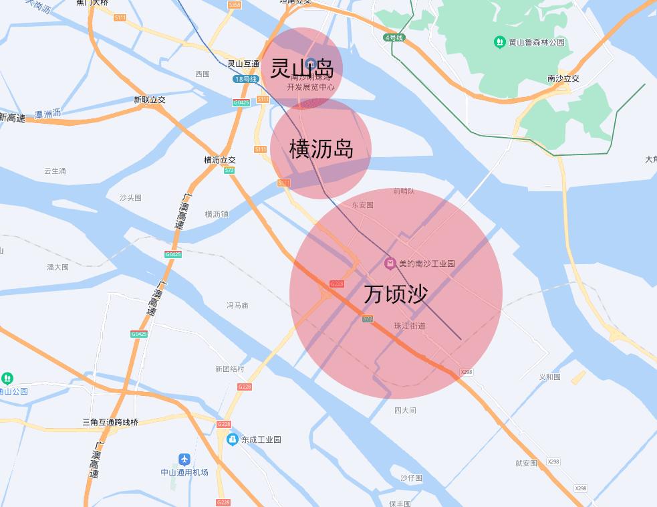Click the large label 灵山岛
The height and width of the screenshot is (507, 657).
[x=302, y=68]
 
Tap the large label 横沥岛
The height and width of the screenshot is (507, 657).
[x=321, y=148]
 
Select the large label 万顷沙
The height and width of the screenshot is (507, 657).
[x=396, y=294]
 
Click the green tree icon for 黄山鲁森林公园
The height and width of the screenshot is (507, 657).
[x=499, y=42]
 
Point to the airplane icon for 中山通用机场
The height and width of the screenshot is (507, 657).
[x=184, y=460]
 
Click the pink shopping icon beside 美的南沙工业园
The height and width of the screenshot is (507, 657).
[x=390, y=264]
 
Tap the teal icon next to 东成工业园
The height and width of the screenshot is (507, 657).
[x=233, y=439]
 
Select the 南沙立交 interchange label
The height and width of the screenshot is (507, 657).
[x=563, y=78]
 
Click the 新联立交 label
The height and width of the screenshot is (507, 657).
[x=149, y=100]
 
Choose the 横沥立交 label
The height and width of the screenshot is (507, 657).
[x=220, y=161]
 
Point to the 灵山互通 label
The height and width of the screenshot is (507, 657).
[x=243, y=64]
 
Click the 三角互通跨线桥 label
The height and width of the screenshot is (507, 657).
[x=110, y=422]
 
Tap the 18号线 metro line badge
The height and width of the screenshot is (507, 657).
[x=245, y=79]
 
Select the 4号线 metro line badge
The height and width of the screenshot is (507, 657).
[x=394, y=37]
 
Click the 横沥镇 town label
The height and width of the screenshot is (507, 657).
[x=217, y=214]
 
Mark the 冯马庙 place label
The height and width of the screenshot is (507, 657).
[x=237, y=305]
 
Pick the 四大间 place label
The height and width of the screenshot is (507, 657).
[x=405, y=410]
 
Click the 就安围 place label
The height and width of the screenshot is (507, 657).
[x=526, y=463]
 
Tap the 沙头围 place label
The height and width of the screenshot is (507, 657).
[x=130, y=198]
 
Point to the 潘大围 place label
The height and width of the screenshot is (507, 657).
[x=57, y=267]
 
